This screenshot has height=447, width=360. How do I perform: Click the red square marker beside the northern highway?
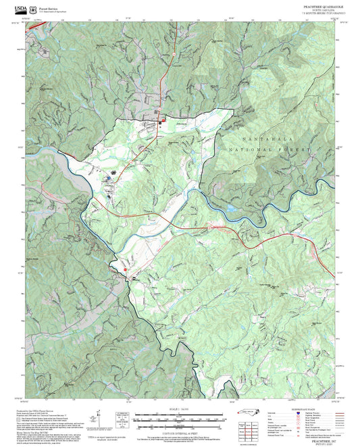point(161,122)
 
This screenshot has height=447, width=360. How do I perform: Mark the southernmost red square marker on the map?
point(124,270)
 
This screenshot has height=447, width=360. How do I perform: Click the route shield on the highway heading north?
point(174,54)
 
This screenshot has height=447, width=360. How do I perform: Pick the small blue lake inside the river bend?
point(231,209)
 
